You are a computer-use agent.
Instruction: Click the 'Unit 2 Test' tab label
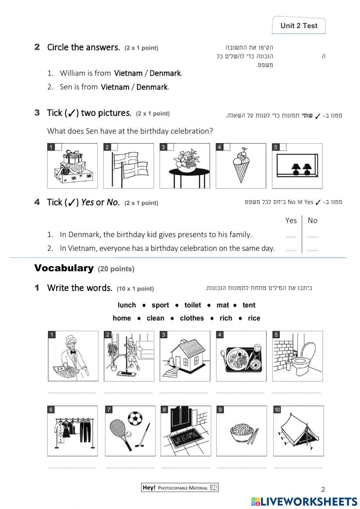point(299,26)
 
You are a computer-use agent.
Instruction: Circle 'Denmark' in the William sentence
point(165,73)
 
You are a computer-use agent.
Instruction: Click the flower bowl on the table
point(185,161)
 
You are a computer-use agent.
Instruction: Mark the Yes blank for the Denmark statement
point(291,236)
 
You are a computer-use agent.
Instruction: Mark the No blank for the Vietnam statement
point(312,249)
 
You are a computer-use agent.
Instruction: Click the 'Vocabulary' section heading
point(64,268)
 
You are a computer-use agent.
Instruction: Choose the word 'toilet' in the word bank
point(193,305)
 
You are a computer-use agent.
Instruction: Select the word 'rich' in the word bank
point(226,318)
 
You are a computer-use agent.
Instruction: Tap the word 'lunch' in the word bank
point(127,305)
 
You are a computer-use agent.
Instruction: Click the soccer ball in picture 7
point(135,418)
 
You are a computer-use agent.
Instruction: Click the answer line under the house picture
point(185,392)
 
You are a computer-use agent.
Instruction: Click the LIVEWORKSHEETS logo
point(304,501)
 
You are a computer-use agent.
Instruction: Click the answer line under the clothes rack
point(72,467)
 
